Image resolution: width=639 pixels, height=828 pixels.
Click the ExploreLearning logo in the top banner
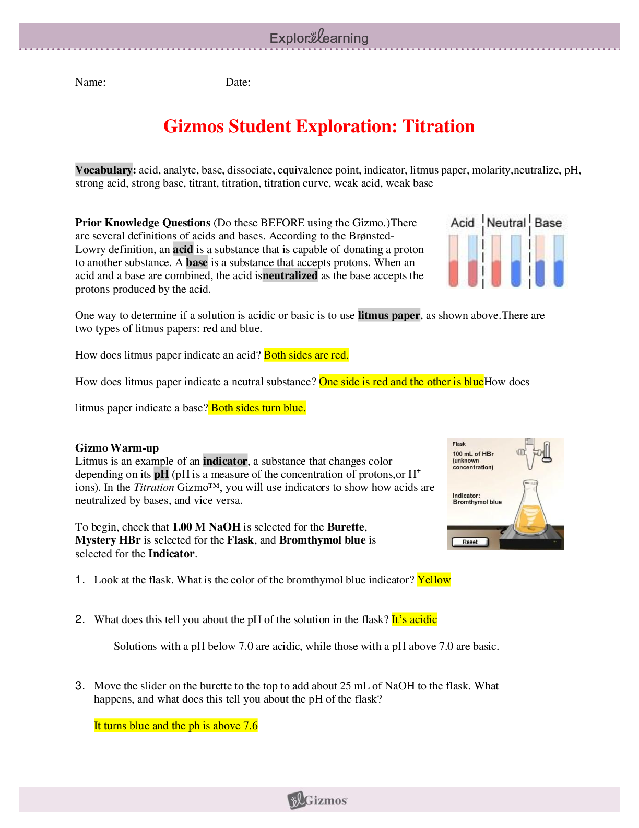[319, 38]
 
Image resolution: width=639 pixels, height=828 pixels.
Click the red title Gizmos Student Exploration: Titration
[319, 126]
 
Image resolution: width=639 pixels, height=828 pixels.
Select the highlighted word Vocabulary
[104, 169]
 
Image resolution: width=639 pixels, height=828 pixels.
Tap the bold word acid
[183, 249]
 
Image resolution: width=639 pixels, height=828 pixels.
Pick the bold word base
[197, 262]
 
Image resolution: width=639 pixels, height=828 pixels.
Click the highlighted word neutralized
[290, 275]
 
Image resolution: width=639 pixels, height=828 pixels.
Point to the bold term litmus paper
[389, 315]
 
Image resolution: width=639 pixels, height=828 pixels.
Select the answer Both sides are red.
[306, 355]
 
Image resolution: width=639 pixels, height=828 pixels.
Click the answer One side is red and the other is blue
[401, 382]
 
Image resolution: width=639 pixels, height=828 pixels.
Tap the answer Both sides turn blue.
[258, 408]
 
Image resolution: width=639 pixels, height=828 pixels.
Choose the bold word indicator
[225, 461]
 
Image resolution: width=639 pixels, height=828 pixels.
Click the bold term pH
[162, 474]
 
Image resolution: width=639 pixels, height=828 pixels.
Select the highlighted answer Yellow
[434, 580]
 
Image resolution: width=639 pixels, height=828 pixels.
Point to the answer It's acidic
[415, 619]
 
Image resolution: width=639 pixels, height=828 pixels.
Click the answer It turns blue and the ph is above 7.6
[176, 726]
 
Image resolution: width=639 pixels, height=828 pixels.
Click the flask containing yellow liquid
[530, 510]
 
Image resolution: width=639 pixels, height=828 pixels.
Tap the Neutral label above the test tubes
[506, 223]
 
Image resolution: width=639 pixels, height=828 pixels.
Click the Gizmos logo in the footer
[318, 800]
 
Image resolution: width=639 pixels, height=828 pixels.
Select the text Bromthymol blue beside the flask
[477, 502]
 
